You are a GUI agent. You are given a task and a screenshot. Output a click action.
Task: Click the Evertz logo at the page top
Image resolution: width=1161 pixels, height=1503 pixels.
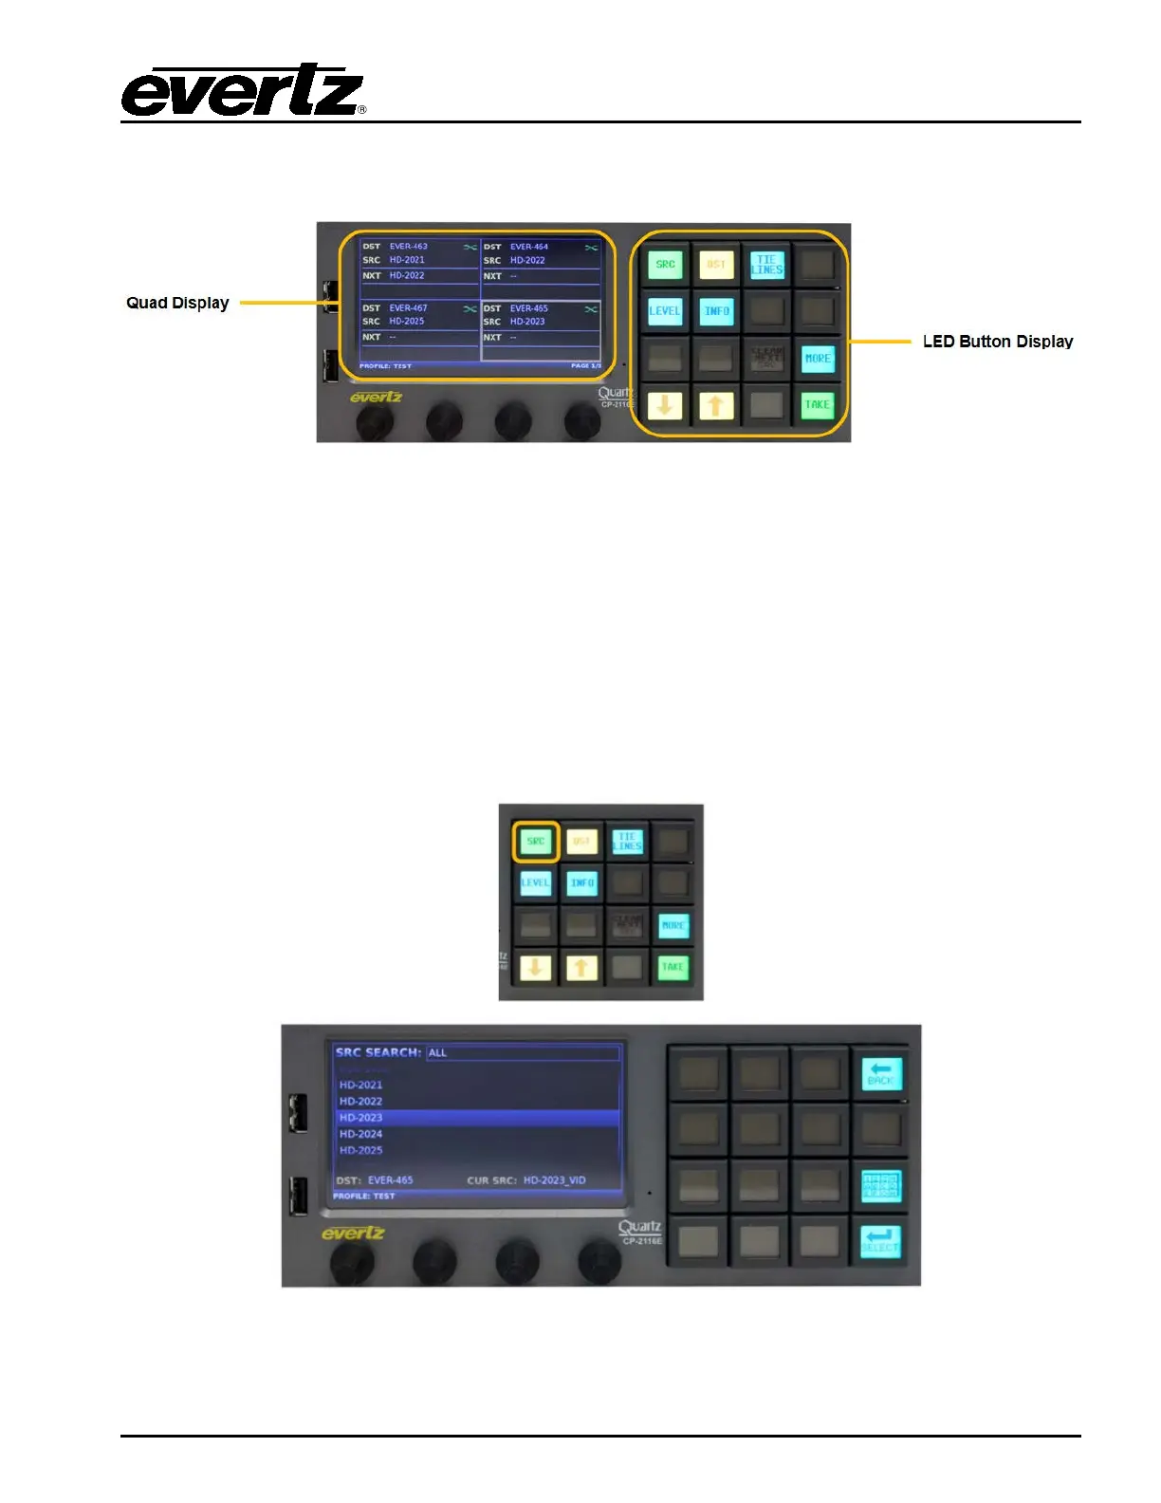coord(243,91)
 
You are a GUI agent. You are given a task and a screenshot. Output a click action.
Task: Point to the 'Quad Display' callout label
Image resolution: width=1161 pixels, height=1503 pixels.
coord(177,303)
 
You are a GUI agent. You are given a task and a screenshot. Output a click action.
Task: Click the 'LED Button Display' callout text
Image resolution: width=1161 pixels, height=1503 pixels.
coord(997,342)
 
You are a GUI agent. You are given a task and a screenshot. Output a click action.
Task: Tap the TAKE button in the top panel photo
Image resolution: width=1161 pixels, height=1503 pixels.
coord(817,405)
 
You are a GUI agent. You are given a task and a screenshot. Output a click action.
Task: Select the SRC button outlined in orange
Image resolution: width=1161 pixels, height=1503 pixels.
coord(536,842)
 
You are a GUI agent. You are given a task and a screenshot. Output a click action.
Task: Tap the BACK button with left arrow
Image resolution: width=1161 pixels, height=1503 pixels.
coord(881,1074)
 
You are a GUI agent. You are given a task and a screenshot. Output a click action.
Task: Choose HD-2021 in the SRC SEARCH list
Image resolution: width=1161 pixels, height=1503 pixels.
coord(361,1085)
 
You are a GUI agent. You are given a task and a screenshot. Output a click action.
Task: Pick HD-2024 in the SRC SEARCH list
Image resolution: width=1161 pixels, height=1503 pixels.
coord(361,1134)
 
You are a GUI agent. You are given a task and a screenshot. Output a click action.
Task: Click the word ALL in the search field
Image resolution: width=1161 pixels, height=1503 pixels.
coord(437,1053)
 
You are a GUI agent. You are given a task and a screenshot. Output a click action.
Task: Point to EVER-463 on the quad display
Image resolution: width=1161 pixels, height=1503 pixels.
coord(408,247)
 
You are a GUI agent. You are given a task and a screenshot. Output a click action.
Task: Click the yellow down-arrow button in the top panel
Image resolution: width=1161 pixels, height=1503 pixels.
coord(665,405)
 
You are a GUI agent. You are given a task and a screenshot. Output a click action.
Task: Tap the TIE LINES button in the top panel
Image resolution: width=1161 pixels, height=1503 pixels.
coord(766,265)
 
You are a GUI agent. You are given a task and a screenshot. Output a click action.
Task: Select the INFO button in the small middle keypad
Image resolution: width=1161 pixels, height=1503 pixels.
coord(581,883)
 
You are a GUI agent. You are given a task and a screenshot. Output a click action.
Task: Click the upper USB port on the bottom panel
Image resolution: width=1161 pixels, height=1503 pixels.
coord(298,1112)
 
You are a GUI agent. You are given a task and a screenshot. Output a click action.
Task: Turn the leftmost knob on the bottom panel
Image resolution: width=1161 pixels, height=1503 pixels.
coord(351,1263)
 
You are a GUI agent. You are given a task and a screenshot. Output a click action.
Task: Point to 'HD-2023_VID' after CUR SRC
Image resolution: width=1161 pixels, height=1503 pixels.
coord(554,1180)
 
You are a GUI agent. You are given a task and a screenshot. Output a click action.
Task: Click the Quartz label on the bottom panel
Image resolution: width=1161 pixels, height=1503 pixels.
coord(639,1228)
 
